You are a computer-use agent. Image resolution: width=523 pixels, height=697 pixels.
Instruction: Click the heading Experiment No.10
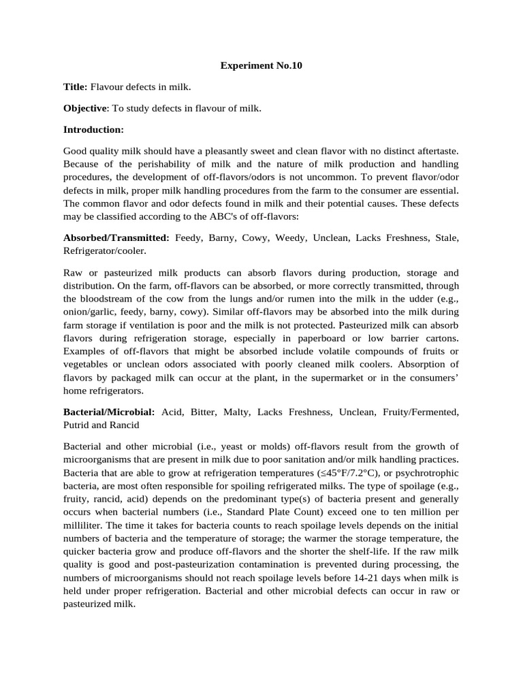point(261,66)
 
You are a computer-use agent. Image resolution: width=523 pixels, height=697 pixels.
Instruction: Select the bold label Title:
point(76,87)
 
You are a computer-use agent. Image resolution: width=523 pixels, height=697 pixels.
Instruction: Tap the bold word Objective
point(85,108)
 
